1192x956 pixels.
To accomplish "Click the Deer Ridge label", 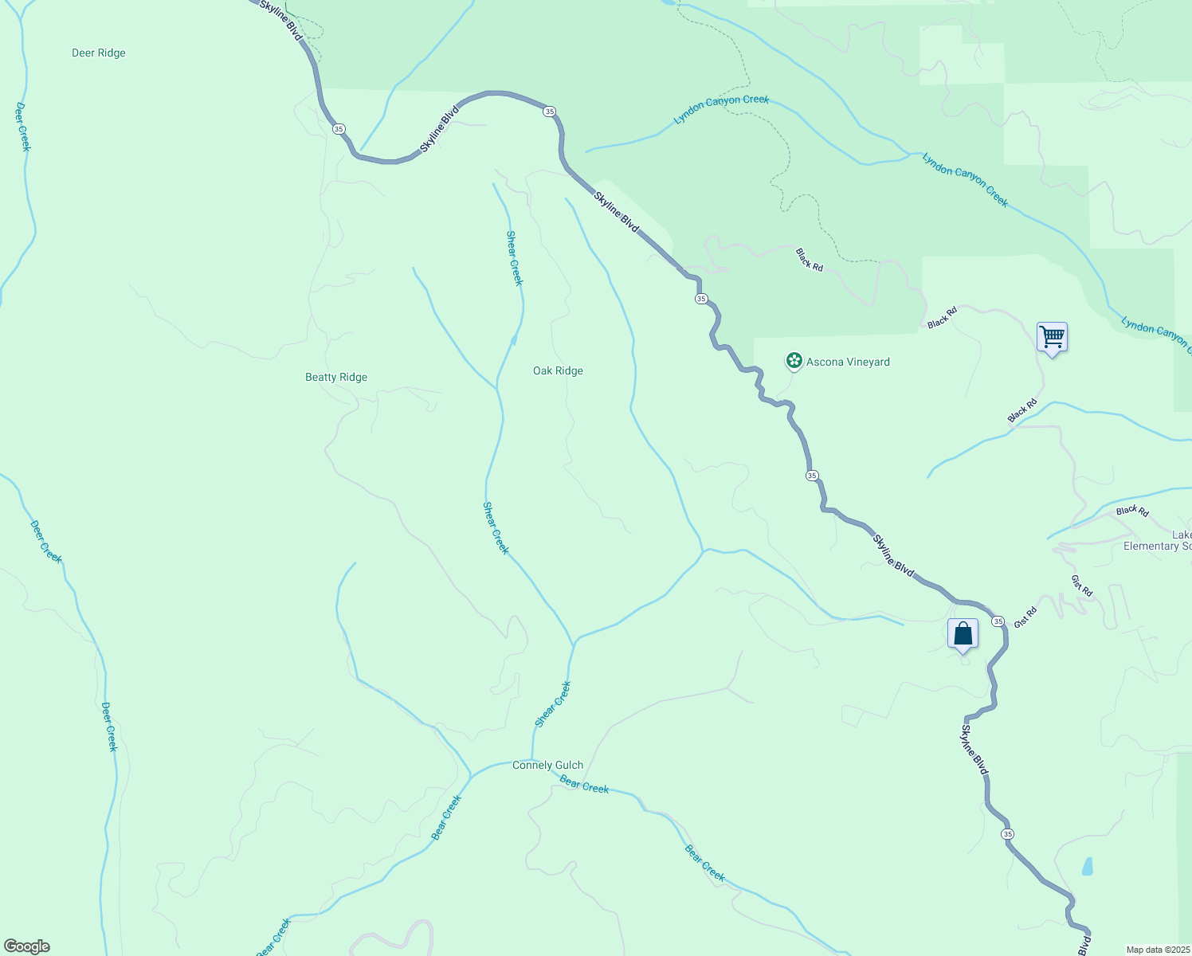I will coord(99,53).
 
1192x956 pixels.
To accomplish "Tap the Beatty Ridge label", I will coord(336,378).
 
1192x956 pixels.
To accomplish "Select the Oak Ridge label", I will coord(558,371).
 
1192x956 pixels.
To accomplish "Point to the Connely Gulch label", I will coord(547,766).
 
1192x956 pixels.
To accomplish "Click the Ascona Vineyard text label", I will coord(848,362).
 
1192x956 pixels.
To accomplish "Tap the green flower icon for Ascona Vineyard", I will coord(794,361).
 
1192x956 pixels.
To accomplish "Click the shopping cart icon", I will coord(1052,338).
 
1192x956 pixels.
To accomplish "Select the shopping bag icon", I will coord(963,634).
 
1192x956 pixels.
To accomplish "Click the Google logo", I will coord(26,946).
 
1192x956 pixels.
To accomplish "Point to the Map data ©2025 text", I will coord(1157,950).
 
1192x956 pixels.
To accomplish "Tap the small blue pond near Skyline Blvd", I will coord(1088,866).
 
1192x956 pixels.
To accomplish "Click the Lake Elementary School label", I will coord(1158,541).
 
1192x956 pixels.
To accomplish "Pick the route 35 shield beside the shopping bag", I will coord(998,621).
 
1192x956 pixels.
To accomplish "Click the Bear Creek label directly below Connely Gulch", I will coord(584,786).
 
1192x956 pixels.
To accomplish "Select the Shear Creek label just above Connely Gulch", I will coord(553,704).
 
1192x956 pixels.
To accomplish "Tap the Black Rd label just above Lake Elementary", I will coord(1132,511).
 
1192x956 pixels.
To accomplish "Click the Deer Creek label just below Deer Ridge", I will coord(23,127).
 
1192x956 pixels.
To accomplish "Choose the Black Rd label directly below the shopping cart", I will coord(1022,411).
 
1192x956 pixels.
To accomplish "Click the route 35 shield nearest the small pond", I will coord(1008,834).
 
